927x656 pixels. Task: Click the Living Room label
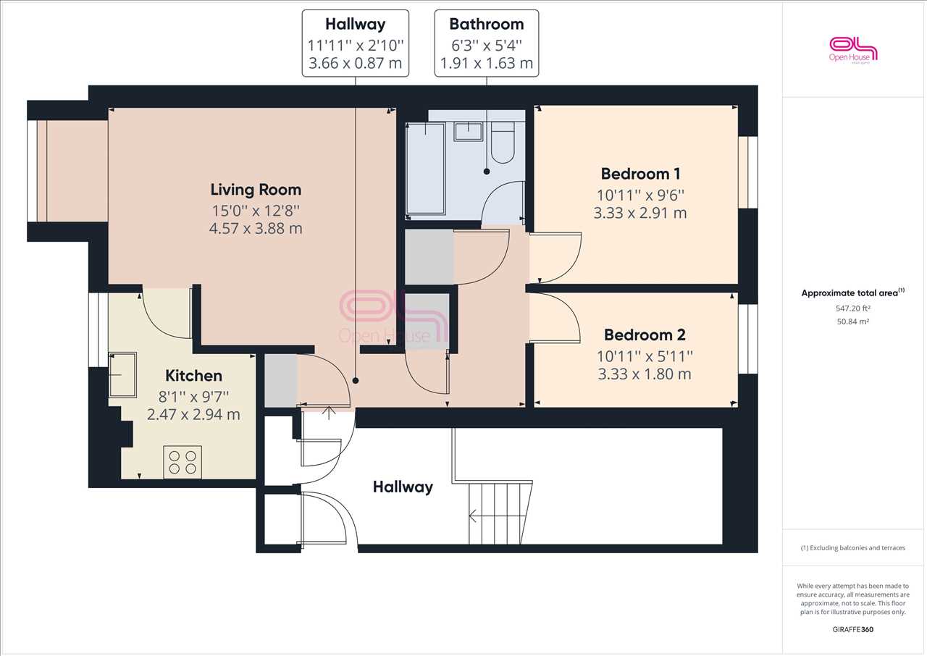[x=256, y=190]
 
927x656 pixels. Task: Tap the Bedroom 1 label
[x=641, y=174]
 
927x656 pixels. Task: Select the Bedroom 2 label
[x=645, y=335]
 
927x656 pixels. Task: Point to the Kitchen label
[x=193, y=376]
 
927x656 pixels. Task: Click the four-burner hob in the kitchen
[x=183, y=462]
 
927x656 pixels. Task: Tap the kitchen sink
[x=122, y=375]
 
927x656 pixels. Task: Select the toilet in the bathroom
[x=503, y=143]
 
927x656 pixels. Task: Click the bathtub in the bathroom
[x=425, y=169]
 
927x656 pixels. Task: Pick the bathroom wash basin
[x=469, y=132]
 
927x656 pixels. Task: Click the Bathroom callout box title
[x=487, y=25]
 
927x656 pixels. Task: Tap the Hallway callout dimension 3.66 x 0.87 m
[x=356, y=63]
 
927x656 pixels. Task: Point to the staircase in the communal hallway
[x=500, y=513]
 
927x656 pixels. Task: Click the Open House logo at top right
[x=853, y=51]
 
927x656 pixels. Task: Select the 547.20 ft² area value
[x=853, y=308]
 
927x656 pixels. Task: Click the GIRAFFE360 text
[x=853, y=629]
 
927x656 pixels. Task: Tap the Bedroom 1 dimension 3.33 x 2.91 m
[x=640, y=213]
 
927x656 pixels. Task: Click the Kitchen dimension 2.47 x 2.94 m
[x=193, y=415]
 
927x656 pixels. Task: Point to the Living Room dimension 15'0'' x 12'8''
[x=256, y=211]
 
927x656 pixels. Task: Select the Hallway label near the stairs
[x=403, y=487]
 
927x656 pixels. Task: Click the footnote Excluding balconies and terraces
[x=853, y=548]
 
